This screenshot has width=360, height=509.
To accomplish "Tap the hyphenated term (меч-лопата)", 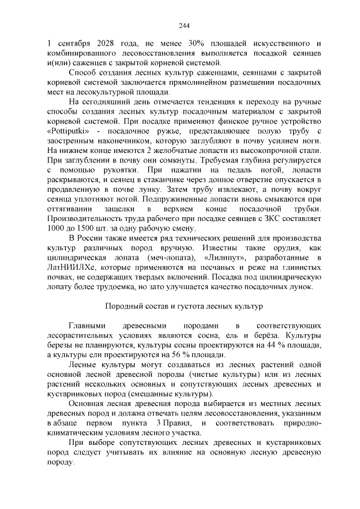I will pos(163,257).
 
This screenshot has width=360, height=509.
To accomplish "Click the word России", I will pos(91,238).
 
